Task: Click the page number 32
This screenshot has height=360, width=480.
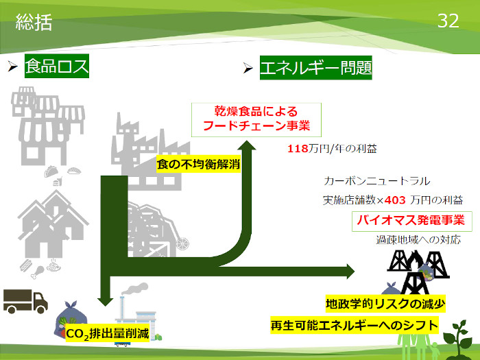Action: [448, 22]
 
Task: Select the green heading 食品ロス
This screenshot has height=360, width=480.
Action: [57, 67]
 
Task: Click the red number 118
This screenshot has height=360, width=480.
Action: [298, 147]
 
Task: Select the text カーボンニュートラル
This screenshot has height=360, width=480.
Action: [377, 182]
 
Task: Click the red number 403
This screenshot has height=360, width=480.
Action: [396, 200]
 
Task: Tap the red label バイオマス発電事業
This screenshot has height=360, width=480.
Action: [410, 221]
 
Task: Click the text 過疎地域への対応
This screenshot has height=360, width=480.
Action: [418, 240]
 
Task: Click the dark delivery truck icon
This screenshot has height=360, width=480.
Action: [25, 299]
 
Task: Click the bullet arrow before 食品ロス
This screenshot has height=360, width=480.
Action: [12, 67]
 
